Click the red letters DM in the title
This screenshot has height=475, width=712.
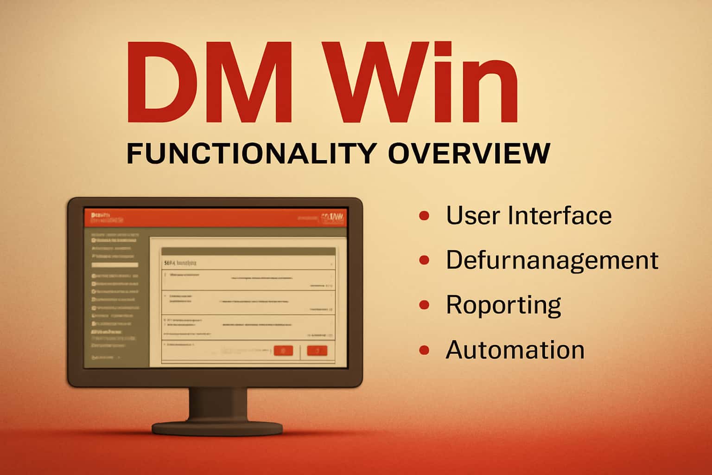click(x=209, y=83)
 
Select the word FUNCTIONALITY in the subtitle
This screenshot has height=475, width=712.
click(x=250, y=153)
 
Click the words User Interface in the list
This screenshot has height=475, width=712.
click(x=528, y=216)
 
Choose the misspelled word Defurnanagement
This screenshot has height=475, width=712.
click(x=552, y=260)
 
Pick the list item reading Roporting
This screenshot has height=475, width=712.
click(x=503, y=305)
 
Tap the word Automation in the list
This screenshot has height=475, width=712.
click(x=515, y=350)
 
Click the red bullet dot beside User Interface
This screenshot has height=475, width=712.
click(x=424, y=216)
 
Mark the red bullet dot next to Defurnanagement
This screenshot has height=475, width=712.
click(x=424, y=260)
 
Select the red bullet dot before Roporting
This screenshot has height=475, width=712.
click(x=424, y=305)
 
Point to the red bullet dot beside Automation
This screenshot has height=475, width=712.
click(x=424, y=350)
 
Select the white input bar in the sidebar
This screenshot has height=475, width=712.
click(x=114, y=265)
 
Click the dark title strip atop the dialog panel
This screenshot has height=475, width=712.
click(x=248, y=251)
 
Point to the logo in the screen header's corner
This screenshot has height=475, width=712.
click(x=333, y=218)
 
